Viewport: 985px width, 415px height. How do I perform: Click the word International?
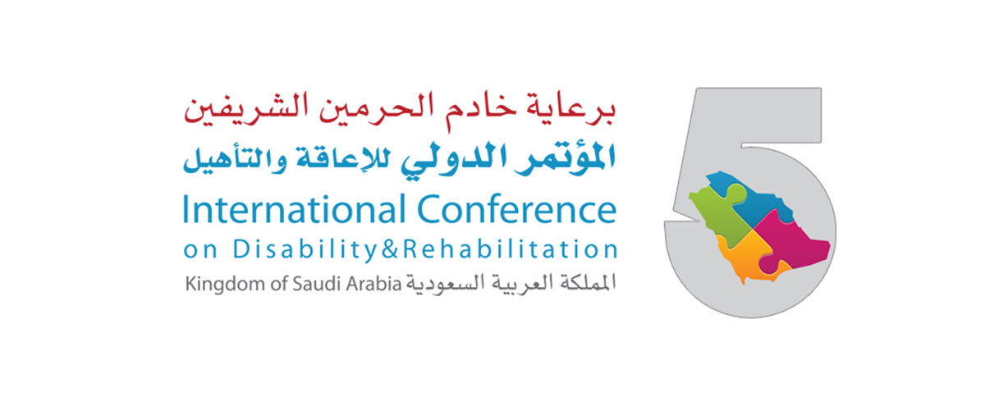[x=294, y=209]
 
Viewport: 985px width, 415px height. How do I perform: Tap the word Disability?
[x=305, y=250]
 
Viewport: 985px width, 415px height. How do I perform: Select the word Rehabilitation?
[x=510, y=249]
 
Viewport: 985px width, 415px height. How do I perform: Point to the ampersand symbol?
[x=390, y=249]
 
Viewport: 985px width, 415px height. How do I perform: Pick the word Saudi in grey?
[x=317, y=284]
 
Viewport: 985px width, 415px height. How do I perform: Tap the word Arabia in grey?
[x=373, y=284]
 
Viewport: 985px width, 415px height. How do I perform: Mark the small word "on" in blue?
[x=200, y=251]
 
